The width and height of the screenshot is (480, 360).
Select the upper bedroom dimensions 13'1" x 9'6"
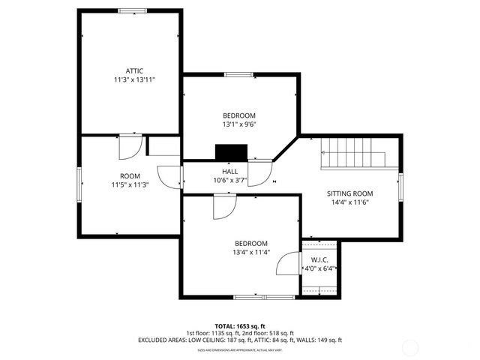(239, 124)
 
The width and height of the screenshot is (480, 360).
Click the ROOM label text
(130, 175)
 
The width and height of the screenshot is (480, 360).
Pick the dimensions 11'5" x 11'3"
(130, 184)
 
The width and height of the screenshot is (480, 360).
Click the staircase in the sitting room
(352, 154)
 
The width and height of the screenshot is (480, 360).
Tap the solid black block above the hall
(231, 152)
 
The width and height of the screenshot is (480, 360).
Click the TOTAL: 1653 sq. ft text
(239, 326)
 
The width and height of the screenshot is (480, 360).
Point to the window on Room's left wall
(80, 184)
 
